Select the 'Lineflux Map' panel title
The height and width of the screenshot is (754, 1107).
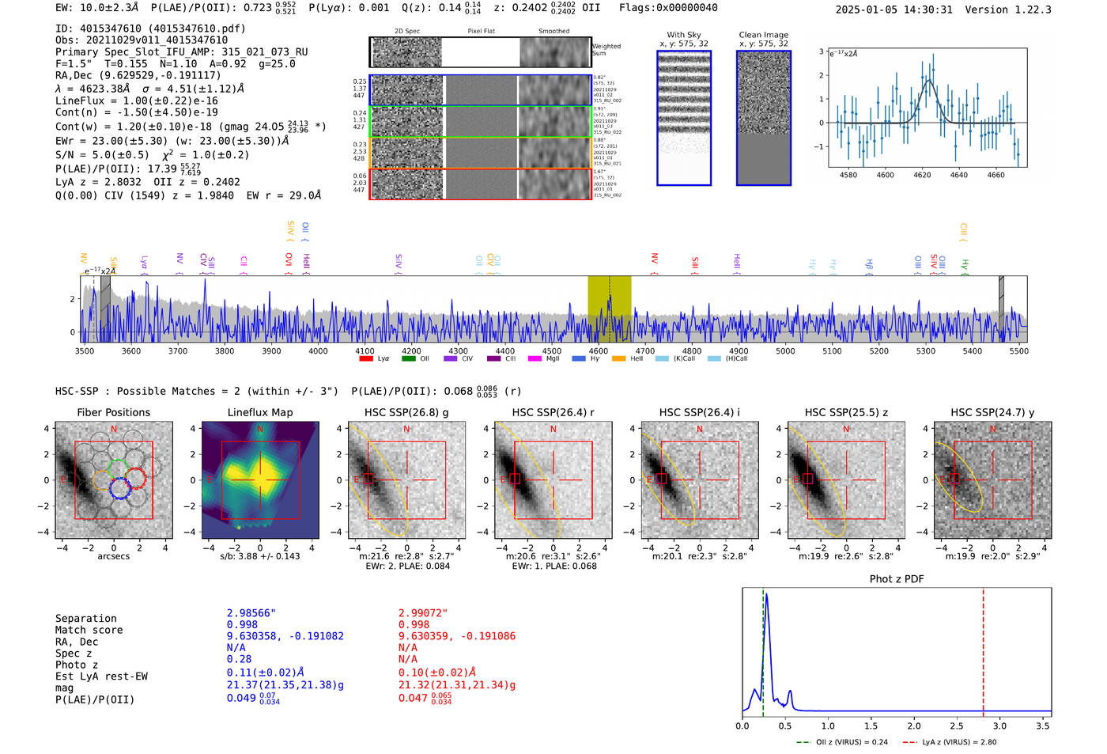259,412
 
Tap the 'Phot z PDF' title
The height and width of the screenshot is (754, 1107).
896,578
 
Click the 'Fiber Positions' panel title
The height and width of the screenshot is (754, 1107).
113,412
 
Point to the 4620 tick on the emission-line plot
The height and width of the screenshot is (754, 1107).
922,175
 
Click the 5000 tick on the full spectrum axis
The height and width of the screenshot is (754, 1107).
785,350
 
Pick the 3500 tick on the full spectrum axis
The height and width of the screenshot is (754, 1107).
85,350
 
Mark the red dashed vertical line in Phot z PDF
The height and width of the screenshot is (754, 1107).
983,649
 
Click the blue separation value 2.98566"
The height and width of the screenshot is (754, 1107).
251,613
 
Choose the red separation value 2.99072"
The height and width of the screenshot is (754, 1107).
422,613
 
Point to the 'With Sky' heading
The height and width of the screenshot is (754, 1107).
683,35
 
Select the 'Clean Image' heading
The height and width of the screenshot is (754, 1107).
763,35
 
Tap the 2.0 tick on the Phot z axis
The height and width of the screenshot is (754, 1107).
914,726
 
